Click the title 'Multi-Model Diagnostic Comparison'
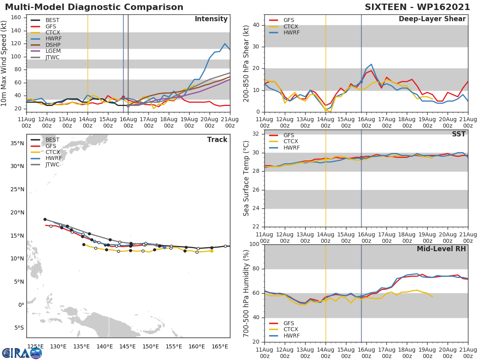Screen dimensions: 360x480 pyautogui.click(x=94, y=7)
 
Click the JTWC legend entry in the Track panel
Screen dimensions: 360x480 pyautogui.click(x=52, y=165)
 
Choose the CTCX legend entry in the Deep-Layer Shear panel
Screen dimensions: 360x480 pyautogui.click(x=291, y=26)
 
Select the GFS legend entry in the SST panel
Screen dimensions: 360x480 pyautogui.click(x=289, y=135)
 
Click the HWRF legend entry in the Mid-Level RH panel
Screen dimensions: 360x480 pyautogui.click(x=291, y=336)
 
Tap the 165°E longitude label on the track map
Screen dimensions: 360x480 pyautogui.click(x=220, y=346)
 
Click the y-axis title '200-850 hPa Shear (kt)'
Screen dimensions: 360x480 pyautogui.click(x=246, y=63)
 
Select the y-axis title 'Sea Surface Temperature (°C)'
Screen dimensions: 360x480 pyautogui.click(x=246, y=178)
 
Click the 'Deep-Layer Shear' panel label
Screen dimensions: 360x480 pyautogui.click(x=432, y=19)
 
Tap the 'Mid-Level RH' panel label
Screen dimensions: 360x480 pyautogui.click(x=441, y=249)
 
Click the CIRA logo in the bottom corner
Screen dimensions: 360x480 pyautogui.click(x=22, y=353)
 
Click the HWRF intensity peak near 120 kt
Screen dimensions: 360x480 pyautogui.click(x=225, y=44)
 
